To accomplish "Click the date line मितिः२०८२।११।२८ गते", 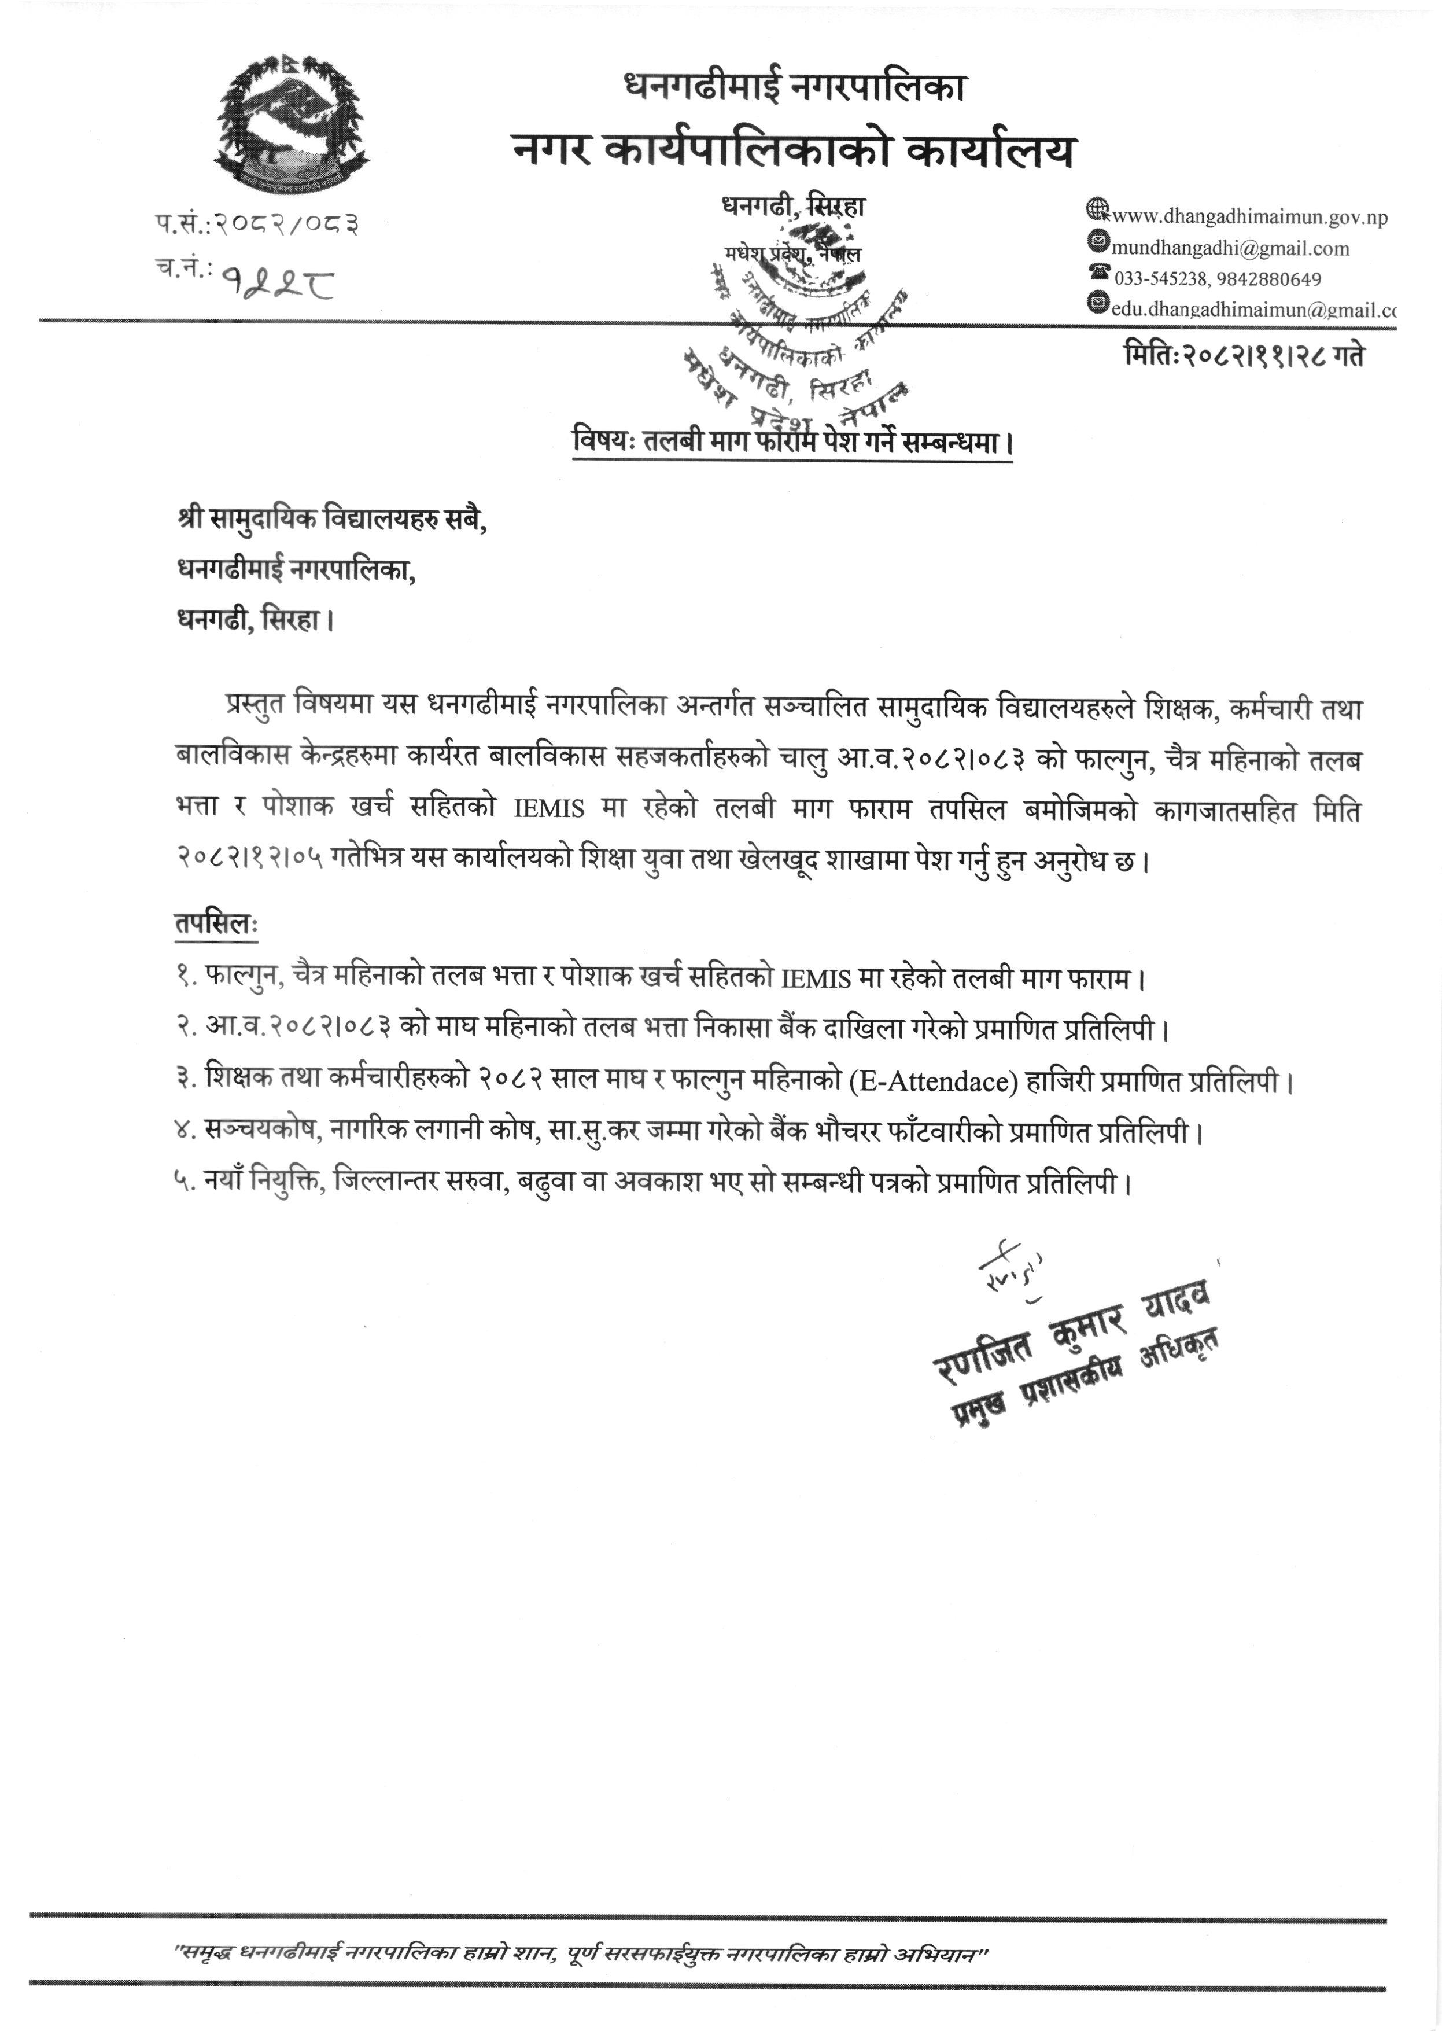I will click(1243, 355).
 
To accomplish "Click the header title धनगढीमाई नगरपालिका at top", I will click(795, 86).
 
